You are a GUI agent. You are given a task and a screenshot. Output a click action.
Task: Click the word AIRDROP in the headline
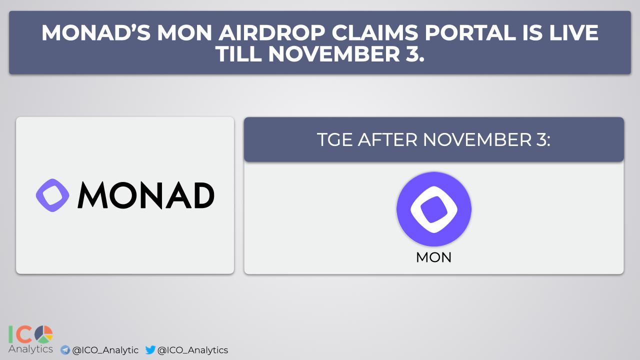pos(271,33)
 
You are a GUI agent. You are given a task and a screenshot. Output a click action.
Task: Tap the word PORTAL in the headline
pos(470,33)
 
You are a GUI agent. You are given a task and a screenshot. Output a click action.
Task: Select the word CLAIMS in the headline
pos(374,33)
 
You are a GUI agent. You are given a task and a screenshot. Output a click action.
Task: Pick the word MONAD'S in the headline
pos(95,33)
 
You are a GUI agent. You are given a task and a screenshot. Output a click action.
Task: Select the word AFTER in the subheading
pos(387,139)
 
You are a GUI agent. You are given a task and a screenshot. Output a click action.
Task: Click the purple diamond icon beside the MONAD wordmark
pos(52,195)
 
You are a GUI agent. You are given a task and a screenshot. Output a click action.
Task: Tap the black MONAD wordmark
pos(145,195)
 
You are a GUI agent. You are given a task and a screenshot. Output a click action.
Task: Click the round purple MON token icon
pos(433,209)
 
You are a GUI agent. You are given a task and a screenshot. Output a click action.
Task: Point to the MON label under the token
pos(433,257)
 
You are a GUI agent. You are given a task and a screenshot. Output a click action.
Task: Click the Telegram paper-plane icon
pos(65,350)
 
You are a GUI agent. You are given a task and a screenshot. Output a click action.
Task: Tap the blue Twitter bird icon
pos(150,349)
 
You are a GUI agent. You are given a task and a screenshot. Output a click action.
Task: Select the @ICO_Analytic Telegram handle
pos(105,350)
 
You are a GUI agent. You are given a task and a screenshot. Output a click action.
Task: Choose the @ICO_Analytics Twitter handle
pos(193,350)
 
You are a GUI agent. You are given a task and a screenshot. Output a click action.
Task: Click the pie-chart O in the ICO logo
pos(43,334)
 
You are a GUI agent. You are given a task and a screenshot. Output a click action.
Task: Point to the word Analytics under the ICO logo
pos(30,349)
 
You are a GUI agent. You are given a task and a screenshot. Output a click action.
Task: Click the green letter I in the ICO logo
pos(10,334)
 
